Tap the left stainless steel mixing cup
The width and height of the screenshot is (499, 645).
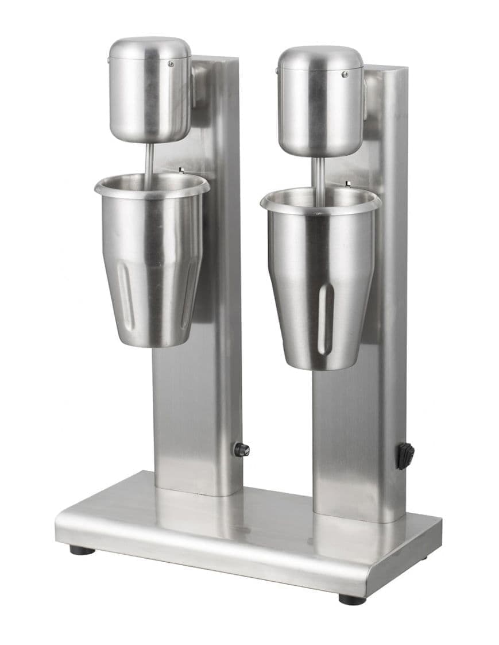pyautogui.click(x=152, y=264)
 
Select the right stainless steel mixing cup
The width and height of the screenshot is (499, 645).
pyautogui.click(x=320, y=282)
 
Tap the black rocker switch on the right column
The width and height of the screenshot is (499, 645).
pyautogui.click(x=405, y=456)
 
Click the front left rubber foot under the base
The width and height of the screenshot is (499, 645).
pyautogui.click(x=82, y=550)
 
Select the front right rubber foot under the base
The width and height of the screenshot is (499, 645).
pyautogui.click(x=352, y=599)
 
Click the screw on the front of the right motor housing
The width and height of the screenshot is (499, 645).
pyautogui.click(x=345, y=74)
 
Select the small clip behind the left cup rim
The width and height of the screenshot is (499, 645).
pyautogui.click(x=181, y=170)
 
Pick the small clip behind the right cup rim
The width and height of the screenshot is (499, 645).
pyautogui.click(x=348, y=184)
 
